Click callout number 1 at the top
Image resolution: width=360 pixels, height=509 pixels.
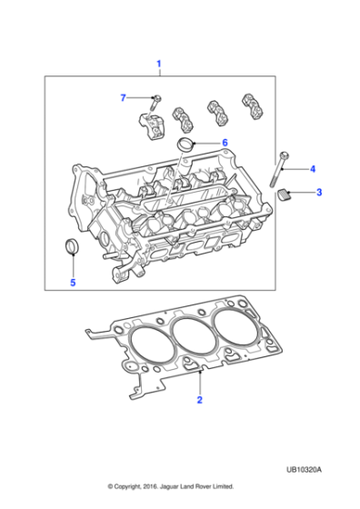click(x=159, y=64)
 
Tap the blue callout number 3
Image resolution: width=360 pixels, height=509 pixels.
click(x=318, y=193)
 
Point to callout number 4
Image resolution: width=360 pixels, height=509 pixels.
click(x=312, y=169)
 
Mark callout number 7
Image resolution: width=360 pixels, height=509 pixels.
click(x=124, y=97)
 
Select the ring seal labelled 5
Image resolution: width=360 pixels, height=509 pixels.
click(x=72, y=248)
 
